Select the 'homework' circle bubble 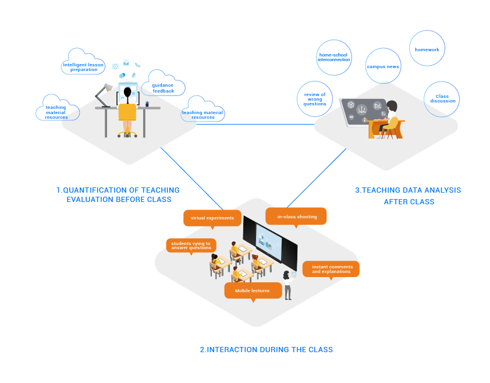pos(427,49)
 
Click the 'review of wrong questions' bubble pos(315,99)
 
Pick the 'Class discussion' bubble pos(442,98)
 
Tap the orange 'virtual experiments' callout pos(212,218)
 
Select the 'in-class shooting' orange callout pos(297,217)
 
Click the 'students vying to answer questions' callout pos(191,245)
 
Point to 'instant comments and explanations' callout pos(331,269)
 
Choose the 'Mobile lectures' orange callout pos(252,290)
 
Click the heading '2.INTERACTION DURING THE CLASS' pos(267,350)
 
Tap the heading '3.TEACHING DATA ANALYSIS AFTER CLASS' pos(408,196)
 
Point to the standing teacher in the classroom pos(287,285)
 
